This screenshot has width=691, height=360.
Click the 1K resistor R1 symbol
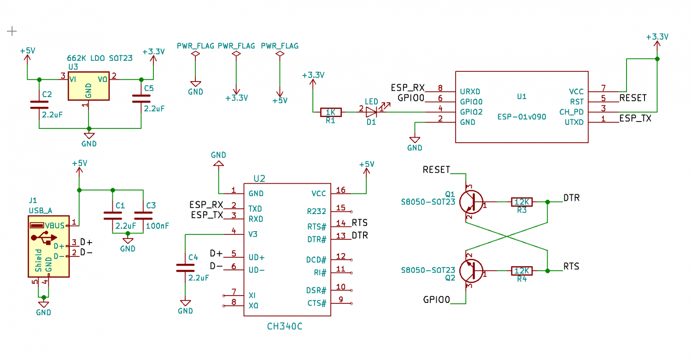tap(331, 112)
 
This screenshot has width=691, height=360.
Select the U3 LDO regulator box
tap(88, 86)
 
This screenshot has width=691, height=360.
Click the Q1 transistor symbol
tap(471, 202)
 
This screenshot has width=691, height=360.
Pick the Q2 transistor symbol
tap(471, 271)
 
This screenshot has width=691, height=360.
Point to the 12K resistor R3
tap(521, 202)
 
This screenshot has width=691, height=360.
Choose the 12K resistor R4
tap(521, 271)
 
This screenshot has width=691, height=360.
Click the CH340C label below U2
tap(284, 326)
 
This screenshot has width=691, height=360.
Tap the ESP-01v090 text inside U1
tap(521, 117)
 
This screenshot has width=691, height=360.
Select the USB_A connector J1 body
tap(49, 246)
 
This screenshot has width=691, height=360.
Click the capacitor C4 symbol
tap(185, 268)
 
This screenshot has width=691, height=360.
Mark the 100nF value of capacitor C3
tap(158, 226)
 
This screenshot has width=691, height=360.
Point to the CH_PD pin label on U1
tap(572, 112)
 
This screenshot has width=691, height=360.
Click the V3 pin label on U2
tap(253, 234)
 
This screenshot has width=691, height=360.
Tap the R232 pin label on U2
tap(316, 211)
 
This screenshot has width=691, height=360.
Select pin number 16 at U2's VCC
tap(340, 190)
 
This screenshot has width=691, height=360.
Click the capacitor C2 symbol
tap(39, 105)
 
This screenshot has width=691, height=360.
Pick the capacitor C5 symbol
tap(141, 99)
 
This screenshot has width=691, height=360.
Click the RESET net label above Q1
tap(436, 170)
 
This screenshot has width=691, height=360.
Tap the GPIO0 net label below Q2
tap(437, 300)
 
